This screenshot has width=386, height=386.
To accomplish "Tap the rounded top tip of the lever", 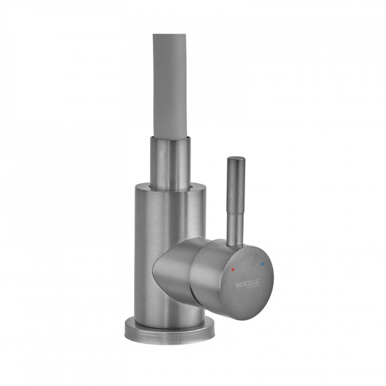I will [x=234, y=161].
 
